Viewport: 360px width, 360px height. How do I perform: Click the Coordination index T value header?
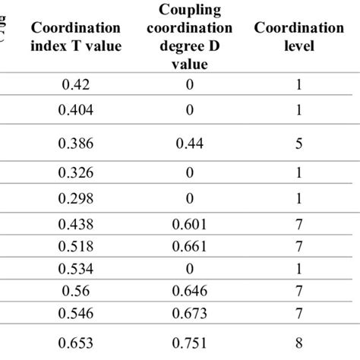[75, 34]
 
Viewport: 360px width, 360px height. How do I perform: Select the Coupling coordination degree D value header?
[189, 36]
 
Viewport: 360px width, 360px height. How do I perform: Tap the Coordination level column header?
[298, 34]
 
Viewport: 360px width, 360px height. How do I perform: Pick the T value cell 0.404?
[75, 110]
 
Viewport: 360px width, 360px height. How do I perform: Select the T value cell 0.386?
[75, 141]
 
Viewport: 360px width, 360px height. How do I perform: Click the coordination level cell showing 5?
[298, 141]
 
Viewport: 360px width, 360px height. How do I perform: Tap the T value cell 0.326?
[75, 172]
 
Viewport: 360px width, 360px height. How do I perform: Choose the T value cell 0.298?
[75, 198]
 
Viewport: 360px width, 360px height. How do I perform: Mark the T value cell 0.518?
[75, 246]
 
